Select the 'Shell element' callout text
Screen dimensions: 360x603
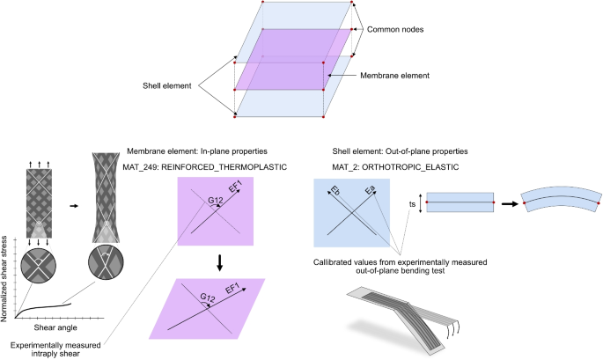(x=167, y=86)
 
